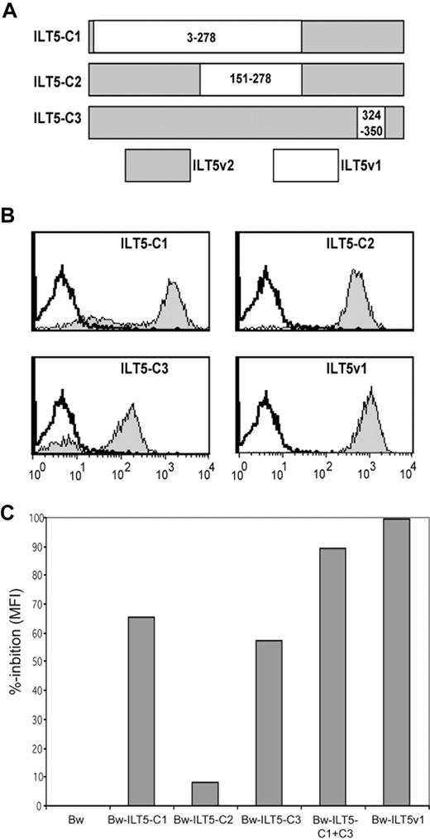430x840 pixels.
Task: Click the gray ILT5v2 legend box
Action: (157, 165)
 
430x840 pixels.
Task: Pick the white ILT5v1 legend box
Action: (305, 165)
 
